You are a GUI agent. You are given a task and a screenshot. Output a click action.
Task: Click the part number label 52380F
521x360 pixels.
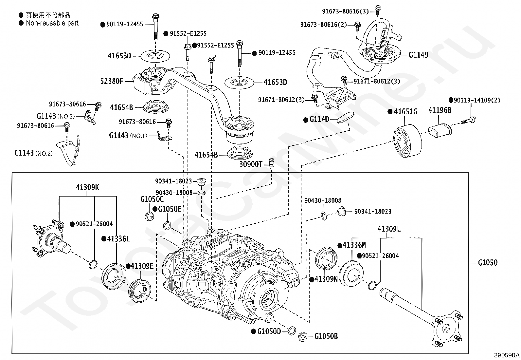112,81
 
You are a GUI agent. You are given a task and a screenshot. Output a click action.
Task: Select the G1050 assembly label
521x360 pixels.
488,262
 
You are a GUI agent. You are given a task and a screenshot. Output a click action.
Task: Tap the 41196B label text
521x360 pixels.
440,110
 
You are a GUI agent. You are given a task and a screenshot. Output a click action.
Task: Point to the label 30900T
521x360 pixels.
251,164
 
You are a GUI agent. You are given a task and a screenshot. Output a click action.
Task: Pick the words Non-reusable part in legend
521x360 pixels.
52,23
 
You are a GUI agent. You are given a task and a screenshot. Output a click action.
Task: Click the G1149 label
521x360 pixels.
418,55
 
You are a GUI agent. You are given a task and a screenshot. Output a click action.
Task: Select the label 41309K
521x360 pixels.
87,187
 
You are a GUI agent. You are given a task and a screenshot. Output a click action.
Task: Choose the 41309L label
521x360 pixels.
389,229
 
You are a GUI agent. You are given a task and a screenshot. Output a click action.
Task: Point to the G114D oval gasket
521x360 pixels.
346,117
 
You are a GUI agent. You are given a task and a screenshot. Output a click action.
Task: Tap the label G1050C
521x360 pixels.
152,199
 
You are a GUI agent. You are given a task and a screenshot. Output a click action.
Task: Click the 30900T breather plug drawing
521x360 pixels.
271,162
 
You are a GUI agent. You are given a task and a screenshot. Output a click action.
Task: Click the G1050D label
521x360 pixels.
269,332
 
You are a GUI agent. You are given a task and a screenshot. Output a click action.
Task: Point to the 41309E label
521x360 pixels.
142,266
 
